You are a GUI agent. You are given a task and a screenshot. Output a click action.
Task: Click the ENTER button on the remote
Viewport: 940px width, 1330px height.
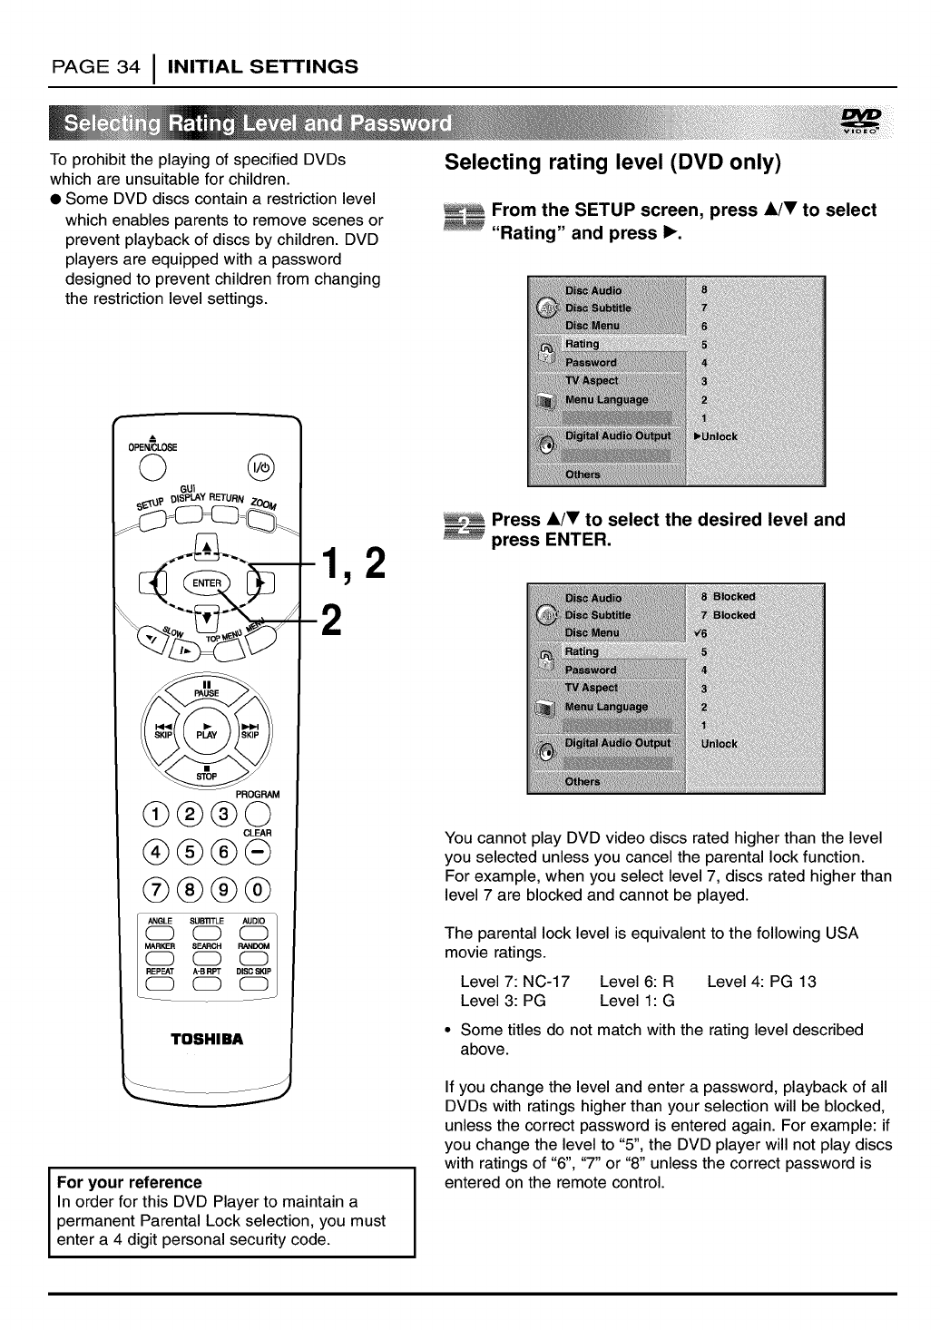tap(208, 582)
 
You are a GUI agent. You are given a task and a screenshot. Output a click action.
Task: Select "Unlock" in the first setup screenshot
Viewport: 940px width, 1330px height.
tap(719, 436)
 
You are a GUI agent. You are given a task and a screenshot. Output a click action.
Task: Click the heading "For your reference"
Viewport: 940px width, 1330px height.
tap(129, 1182)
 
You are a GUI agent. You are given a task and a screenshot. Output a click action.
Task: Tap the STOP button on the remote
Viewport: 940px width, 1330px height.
tap(208, 773)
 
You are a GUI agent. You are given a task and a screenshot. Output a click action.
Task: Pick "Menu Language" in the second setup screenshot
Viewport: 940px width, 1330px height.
tap(606, 707)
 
